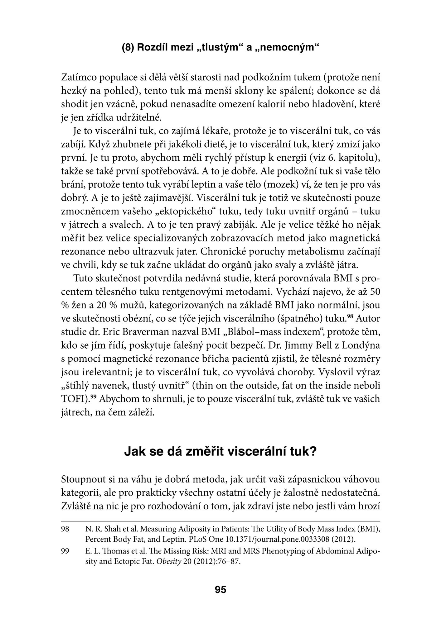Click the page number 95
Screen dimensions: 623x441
tap(220, 590)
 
